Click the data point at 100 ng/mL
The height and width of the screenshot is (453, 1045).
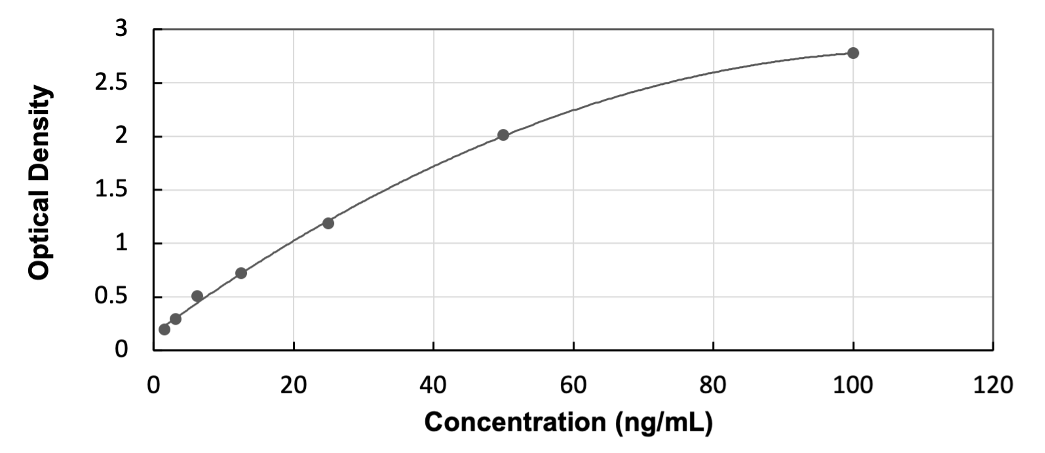(x=852, y=53)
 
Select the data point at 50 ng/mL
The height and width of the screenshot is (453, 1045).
(x=503, y=135)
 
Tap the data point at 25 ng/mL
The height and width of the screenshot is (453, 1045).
(x=328, y=223)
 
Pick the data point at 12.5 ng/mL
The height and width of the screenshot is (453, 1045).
(x=241, y=273)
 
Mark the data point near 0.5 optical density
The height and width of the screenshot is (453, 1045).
(x=197, y=296)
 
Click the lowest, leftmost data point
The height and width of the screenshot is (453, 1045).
(x=164, y=329)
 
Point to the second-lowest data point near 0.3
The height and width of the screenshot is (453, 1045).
(x=176, y=319)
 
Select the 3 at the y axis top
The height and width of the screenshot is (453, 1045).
(x=123, y=29)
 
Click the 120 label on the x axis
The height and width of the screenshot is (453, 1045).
(x=992, y=385)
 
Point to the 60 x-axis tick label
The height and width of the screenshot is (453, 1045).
(x=573, y=385)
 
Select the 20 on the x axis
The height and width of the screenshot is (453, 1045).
(x=294, y=385)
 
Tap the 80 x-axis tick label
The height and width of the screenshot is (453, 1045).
(x=713, y=385)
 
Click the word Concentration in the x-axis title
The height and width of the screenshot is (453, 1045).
(x=516, y=422)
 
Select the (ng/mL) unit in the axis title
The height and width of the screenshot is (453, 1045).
(x=663, y=422)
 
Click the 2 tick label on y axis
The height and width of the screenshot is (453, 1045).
(x=123, y=137)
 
